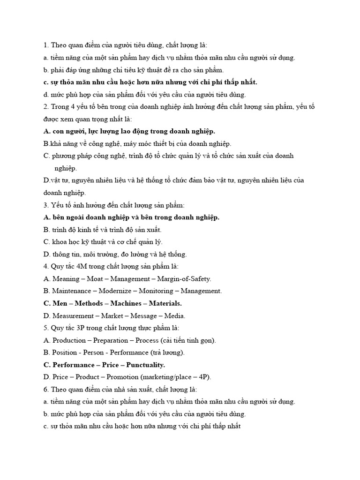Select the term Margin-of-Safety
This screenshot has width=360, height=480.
[183, 278]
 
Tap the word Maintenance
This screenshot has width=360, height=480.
[71, 291]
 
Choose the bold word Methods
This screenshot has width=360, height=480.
[90, 303]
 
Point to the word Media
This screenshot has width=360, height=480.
[175, 315]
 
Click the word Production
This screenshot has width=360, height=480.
[69, 340]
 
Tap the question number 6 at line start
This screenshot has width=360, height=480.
[45, 390]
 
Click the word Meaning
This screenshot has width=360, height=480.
[67, 278]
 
